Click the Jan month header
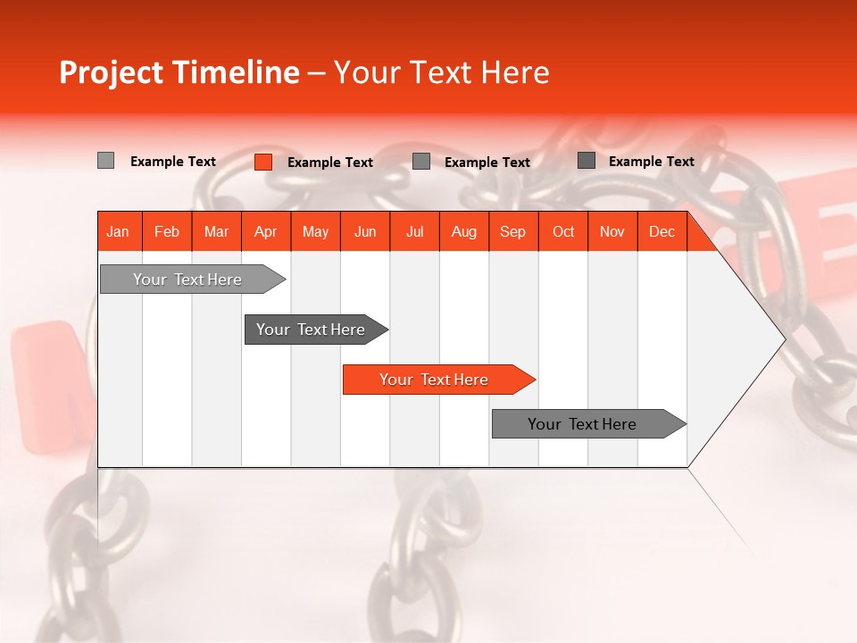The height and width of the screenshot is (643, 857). (x=118, y=231)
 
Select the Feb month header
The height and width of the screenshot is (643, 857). (x=167, y=231)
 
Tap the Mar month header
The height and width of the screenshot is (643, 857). (x=216, y=231)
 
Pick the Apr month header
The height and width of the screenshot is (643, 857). (x=265, y=231)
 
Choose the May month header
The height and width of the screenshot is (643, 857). (x=315, y=231)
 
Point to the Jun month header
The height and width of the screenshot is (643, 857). (x=365, y=231)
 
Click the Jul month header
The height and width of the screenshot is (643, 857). (x=414, y=231)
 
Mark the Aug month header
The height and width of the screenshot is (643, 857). (x=463, y=231)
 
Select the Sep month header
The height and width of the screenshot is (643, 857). (x=512, y=231)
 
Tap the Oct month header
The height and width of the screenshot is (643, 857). (x=563, y=231)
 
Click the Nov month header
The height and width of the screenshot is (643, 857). (x=612, y=231)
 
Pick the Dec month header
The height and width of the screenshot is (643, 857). (x=661, y=231)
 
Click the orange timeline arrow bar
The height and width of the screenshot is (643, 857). (x=434, y=380)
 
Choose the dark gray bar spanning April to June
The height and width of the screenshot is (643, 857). (x=311, y=330)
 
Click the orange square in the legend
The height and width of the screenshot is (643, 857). (x=263, y=162)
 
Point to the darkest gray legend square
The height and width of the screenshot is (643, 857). (x=587, y=161)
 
